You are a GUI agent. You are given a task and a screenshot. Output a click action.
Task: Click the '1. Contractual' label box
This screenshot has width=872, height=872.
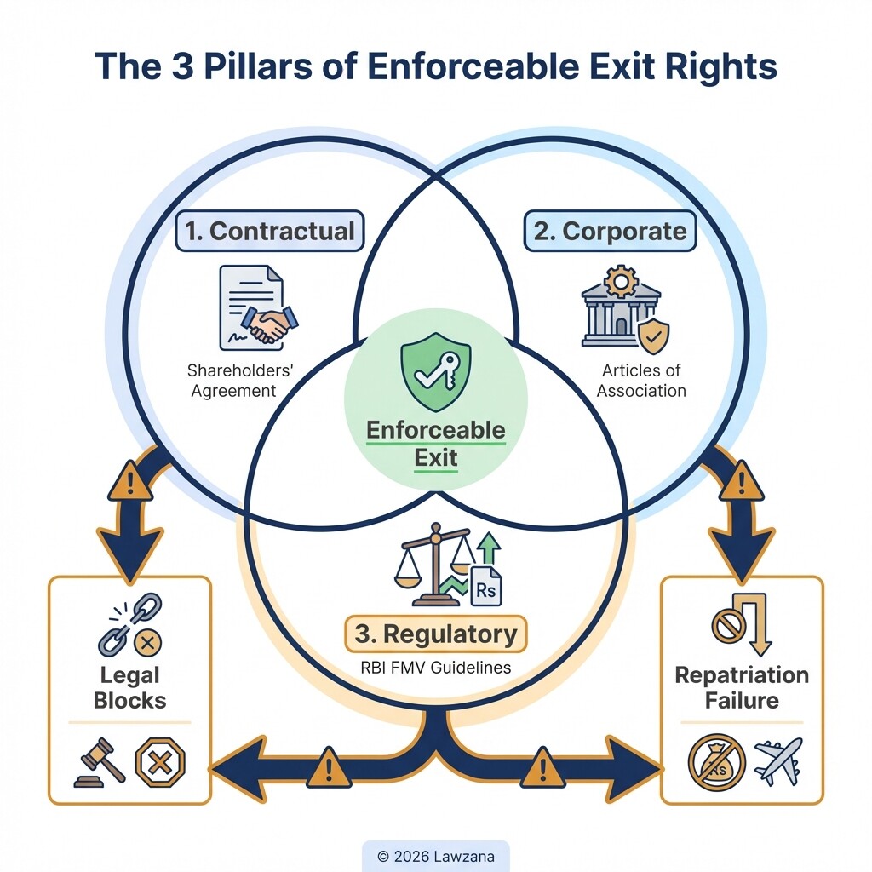pyautogui.click(x=269, y=232)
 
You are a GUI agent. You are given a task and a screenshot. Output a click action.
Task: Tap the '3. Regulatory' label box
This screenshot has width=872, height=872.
pyautogui.click(x=435, y=634)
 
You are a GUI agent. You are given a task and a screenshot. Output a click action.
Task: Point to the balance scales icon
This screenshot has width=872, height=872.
pyautogui.click(x=434, y=562)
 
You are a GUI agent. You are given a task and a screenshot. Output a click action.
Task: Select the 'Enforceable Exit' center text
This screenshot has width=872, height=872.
pyautogui.click(x=435, y=444)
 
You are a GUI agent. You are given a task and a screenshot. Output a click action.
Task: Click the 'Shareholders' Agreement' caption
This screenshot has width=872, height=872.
pyautogui.click(x=233, y=381)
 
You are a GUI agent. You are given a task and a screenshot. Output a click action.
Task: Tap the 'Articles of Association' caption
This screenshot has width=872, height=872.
pyautogui.click(x=640, y=381)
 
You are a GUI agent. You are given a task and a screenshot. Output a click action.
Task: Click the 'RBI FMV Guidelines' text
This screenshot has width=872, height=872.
pyautogui.click(x=435, y=668)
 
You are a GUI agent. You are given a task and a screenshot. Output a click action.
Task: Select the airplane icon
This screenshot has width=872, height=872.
pyautogui.click(x=777, y=760)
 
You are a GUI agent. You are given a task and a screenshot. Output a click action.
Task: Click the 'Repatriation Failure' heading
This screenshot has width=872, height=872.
pyautogui.click(x=741, y=688)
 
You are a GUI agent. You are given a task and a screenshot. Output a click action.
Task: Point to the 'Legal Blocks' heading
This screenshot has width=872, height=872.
pyautogui.click(x=129, y=688)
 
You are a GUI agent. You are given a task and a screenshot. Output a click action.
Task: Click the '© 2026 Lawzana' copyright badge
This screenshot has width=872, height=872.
pyautogui.click(x=435, y=856)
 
